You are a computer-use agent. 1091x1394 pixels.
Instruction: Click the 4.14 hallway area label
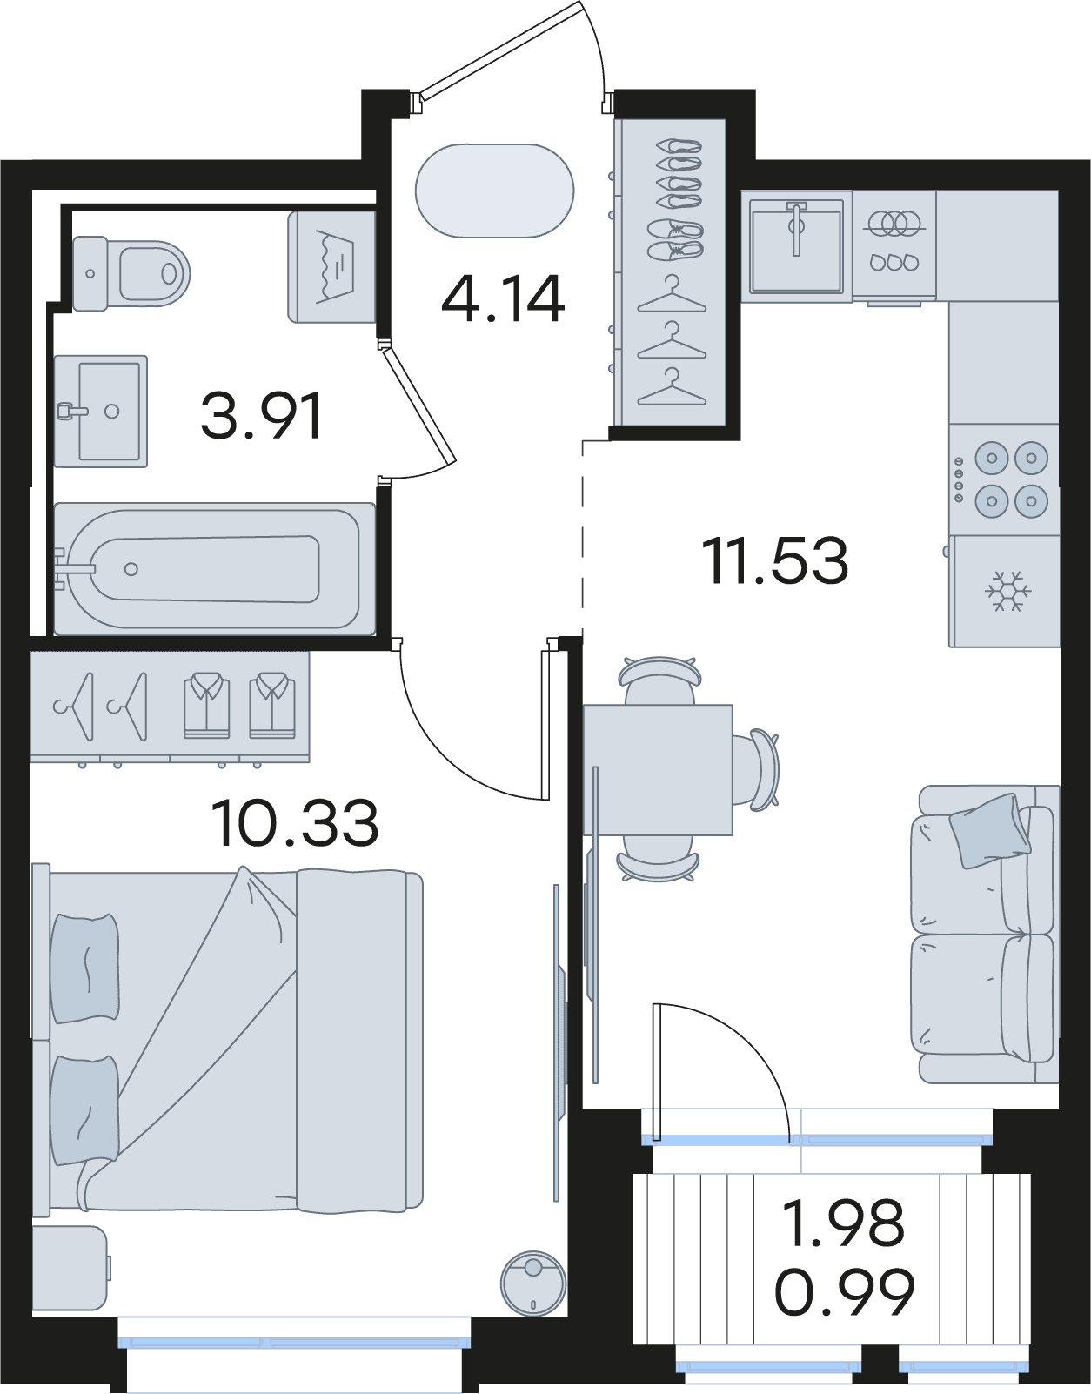[x=503, y=298]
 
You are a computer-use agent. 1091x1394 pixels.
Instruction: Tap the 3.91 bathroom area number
[x=261, y=417]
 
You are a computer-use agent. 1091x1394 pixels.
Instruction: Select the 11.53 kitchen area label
[x=775, y=560]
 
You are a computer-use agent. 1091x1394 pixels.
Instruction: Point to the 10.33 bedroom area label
[x=294, y=823]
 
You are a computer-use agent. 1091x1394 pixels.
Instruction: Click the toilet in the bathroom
[x=131, y=274]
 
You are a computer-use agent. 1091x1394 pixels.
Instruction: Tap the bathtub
[x=214, y=569]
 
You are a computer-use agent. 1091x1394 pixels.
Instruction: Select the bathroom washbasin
[x=101, y=412]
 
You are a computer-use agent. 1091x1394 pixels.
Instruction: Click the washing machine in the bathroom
[x=331, y=267]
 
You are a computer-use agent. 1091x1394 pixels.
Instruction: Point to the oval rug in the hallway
[x=494, y=191]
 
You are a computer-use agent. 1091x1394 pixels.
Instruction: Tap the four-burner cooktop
[x=1004, y=479]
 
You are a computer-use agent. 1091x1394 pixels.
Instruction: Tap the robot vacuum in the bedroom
[x=533, y=1284]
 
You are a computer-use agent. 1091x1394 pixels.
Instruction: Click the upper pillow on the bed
[x=85, y=968]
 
